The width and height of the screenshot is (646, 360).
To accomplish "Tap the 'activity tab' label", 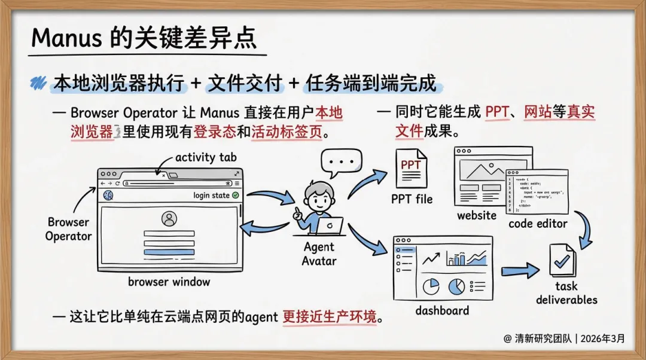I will pos(206,157).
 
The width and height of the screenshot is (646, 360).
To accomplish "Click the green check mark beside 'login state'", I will pos(235,196).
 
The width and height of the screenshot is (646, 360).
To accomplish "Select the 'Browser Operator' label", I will pos(69,229).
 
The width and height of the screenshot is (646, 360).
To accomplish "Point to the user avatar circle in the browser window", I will pos(169,219).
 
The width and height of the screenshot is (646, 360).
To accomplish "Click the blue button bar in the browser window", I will pos(169,252).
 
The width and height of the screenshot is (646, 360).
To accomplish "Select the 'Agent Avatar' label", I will pos(319,254).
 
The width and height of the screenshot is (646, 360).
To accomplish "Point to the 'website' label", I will pos(477,215).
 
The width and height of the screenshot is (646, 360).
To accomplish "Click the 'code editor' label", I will pos(538,224).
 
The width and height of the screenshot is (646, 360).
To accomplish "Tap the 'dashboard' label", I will pos(442,310).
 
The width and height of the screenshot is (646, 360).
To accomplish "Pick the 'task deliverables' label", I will pos(566,293).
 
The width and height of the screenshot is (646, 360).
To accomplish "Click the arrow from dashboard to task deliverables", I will pos(520,270).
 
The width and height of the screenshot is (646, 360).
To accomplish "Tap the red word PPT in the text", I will pos(497,112).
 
